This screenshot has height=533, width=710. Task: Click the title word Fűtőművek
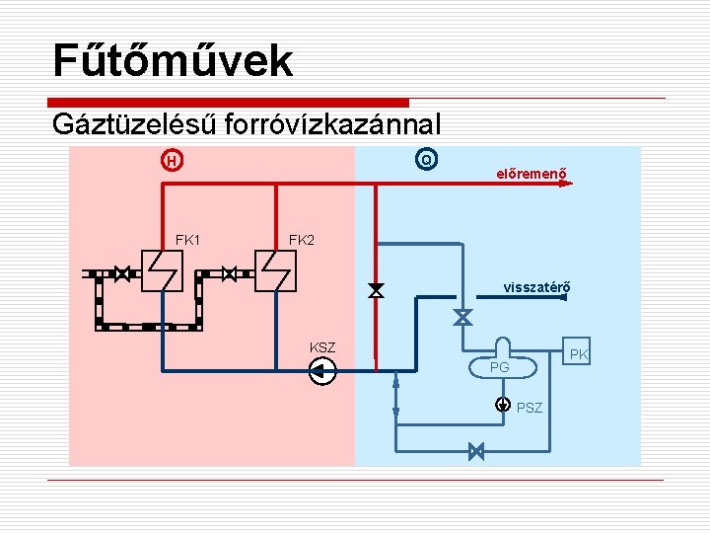[173, 59]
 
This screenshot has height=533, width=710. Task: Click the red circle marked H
[172, 160]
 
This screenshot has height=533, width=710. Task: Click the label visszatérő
[536, 288]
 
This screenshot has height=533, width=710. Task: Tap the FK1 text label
[187, 240]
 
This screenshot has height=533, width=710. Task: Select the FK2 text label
[301, 240]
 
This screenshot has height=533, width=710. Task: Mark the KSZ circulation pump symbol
[322, 371]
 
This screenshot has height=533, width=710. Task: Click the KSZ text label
[322, 347]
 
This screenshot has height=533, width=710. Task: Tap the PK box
[578, 353]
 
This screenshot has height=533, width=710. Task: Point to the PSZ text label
[530, 407]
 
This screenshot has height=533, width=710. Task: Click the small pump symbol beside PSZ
[503, 404]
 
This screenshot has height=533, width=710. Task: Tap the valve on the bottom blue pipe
[476, 451]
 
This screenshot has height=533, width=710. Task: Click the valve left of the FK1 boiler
[122, 273]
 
